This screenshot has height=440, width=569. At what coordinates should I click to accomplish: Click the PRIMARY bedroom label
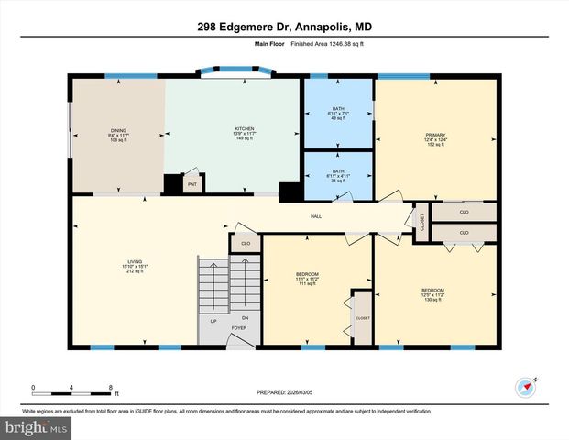434,139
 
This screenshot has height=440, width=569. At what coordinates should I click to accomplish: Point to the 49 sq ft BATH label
338,114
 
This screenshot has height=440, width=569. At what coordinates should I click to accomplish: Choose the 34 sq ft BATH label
338,175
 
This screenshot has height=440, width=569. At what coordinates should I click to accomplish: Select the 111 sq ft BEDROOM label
307,279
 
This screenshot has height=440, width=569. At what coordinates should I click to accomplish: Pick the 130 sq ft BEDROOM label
432,295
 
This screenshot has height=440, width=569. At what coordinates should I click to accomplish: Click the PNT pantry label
192,185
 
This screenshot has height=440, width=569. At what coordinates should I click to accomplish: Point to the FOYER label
239,327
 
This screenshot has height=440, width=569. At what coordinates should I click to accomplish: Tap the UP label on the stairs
214,321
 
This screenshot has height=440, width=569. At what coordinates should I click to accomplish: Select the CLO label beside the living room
245,244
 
